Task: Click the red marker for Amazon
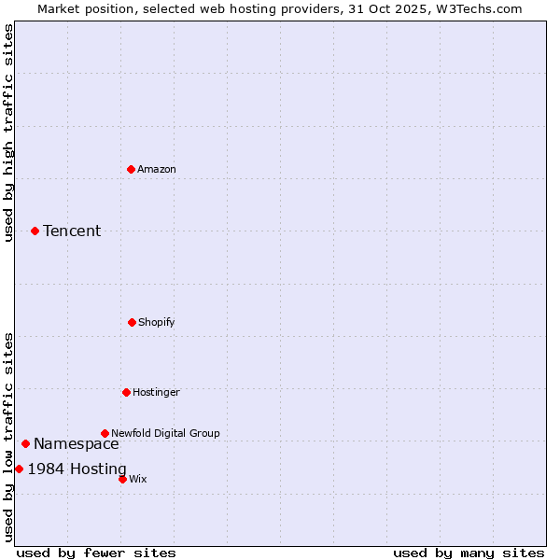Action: (131, 169)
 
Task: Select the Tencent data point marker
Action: (35, 231)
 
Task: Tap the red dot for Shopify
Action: (132, 322)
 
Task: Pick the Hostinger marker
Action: (126, 392)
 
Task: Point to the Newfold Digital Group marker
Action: (105, 433)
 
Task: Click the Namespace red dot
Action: (25, 443)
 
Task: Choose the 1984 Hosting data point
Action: (19, 469)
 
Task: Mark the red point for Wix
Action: (122, 479)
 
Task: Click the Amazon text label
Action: (157, 169)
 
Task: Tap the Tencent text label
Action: (72, 231)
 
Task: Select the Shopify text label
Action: (157, 322)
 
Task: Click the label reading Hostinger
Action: (156, 392)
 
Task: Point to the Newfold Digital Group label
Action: (165, 433)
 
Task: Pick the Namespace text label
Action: (77, 443)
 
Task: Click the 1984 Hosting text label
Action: (77, 469)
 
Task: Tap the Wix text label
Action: (138, 479)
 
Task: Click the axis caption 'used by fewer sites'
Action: (96, 553)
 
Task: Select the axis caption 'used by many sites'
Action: (469, 553)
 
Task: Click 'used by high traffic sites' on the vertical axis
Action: (8, 133)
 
